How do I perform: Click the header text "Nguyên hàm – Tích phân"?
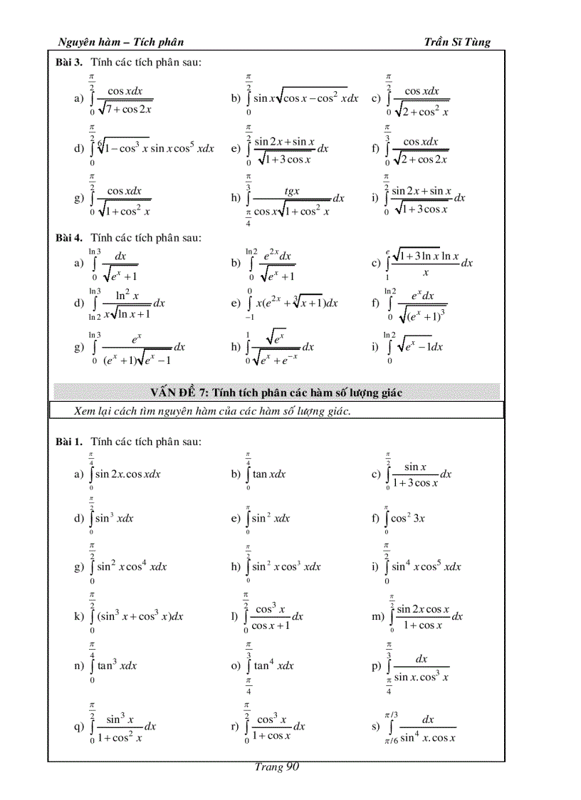(x=120, y=42)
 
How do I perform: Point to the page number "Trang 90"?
(x=277, y=767)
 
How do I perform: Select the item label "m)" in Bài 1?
(x=377, y=616)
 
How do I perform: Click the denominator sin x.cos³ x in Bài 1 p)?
(x=422, y=677)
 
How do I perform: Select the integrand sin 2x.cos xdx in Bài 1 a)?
(x=128, y=474)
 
